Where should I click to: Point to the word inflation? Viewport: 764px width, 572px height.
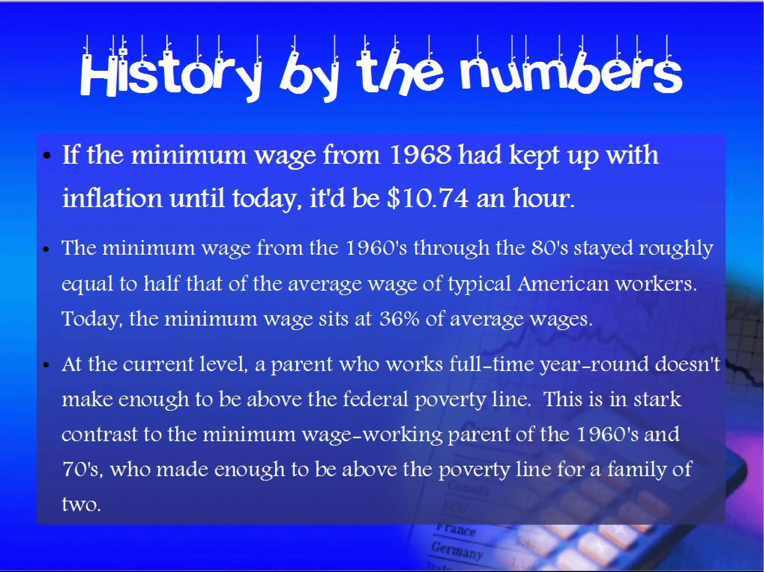coord(112,198)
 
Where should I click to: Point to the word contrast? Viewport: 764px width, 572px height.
coord(99,434)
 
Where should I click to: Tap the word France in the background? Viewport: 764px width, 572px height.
coord(456,530)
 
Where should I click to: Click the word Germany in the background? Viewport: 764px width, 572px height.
coord(457,551)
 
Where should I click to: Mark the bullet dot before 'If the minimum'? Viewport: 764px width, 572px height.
coord(47,156)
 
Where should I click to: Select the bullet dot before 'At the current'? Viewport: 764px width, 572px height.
coord(46,365)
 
